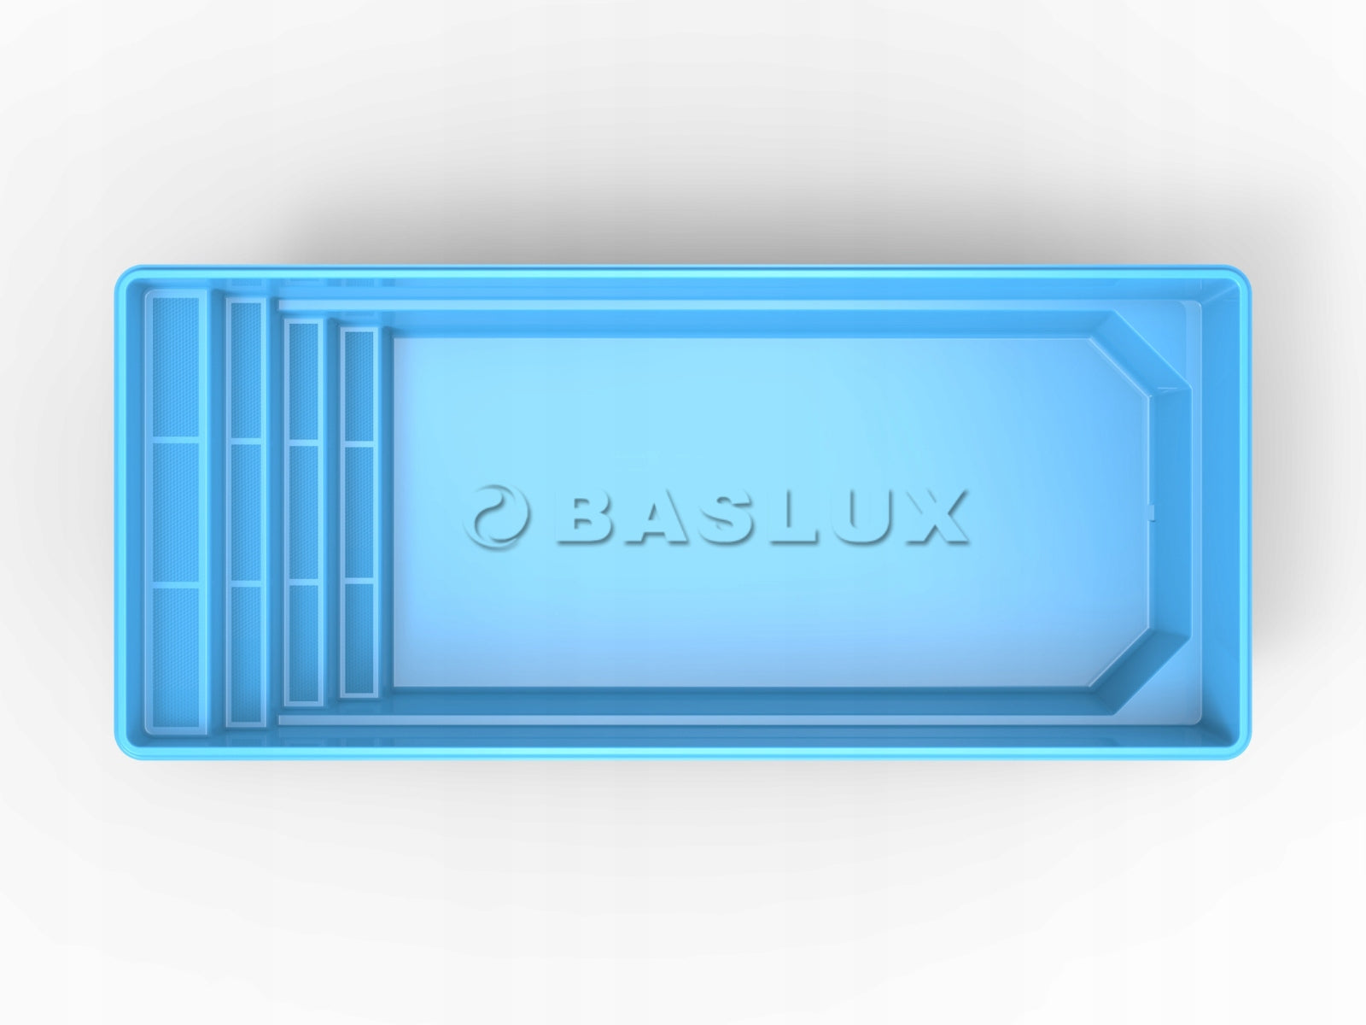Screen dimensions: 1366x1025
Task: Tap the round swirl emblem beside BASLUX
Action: click(496, 516)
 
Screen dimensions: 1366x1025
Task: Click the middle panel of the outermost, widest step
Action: click(176, 512)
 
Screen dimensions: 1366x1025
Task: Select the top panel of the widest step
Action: click(176, 367)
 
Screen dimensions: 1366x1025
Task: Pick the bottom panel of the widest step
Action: click(176, 656)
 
